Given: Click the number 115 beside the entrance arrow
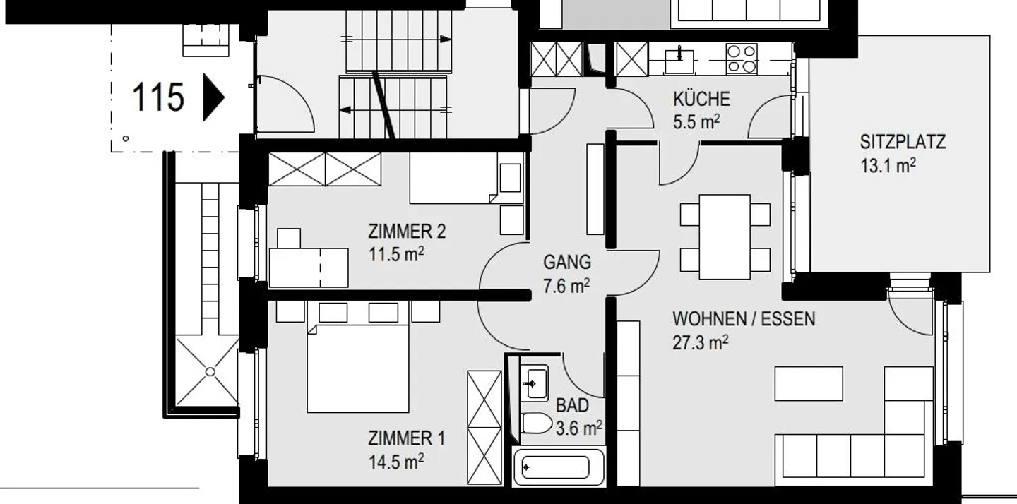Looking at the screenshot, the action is point(158,97).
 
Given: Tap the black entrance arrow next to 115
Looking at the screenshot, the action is point(213,97).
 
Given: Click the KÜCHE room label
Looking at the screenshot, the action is point(701,98).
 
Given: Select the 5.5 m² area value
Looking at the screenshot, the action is point(696,122).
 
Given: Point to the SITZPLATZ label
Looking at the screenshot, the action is point(903,142).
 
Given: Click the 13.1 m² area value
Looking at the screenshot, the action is point(888,165).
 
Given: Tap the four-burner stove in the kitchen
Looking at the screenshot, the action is point(742,59).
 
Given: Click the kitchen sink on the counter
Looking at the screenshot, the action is point(679,59).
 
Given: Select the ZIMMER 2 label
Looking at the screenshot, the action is point(407,232).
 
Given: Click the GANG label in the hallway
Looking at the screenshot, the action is point(567,262).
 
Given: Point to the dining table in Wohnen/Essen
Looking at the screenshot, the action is point(725,236).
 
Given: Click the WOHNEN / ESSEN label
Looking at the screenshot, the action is point(744,319).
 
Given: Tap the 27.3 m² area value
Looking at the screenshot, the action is point(700,342).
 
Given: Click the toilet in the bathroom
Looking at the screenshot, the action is point(536,424).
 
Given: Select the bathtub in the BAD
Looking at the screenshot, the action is point(559,467).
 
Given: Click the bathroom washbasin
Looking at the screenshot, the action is point(535,384).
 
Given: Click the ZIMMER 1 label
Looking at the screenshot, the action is point(406,438).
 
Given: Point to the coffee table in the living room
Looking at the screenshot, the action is point(809,384).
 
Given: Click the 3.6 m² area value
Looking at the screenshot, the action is point(579,428).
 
